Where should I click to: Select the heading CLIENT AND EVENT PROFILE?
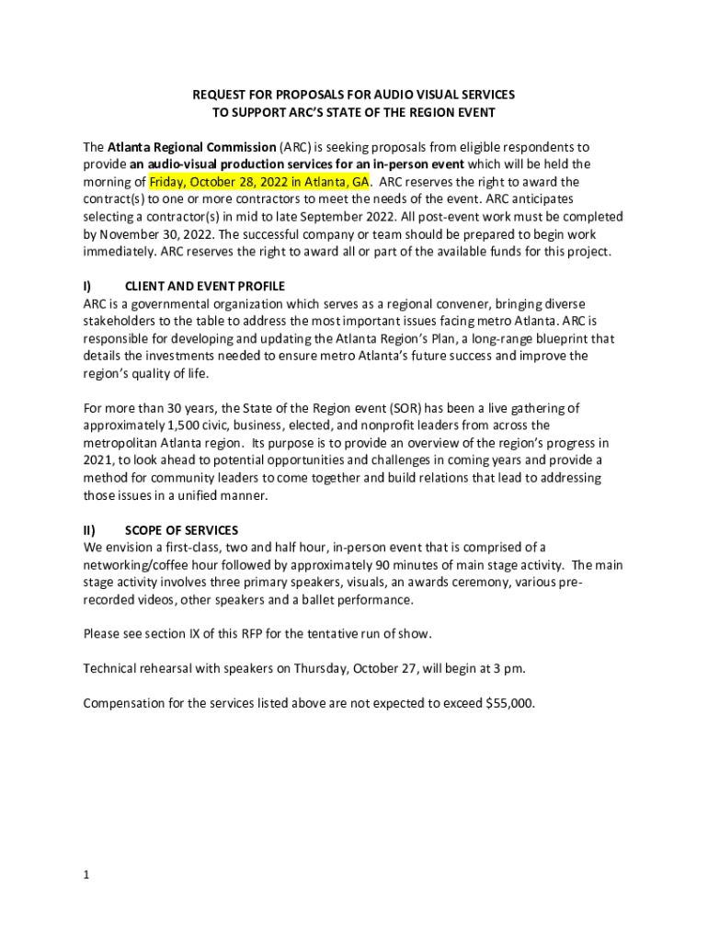coord(204,286)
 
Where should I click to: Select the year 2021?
coord(97,460)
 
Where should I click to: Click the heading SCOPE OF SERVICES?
coord(181,530)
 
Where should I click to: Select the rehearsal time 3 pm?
coord(508,670)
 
